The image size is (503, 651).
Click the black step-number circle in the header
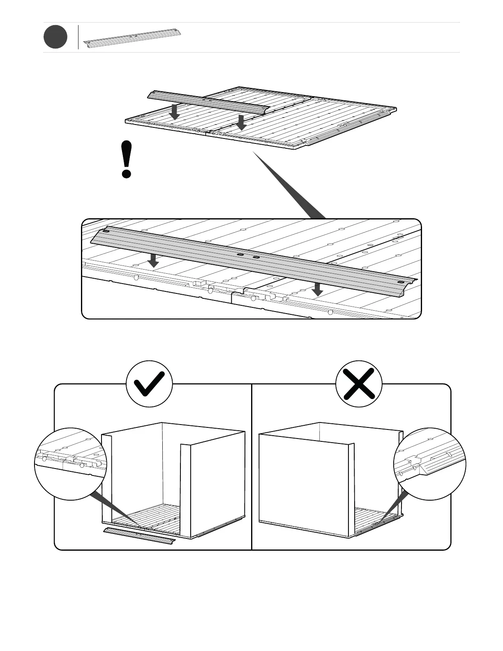coord(55,37)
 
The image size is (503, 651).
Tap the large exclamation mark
coord(127,159)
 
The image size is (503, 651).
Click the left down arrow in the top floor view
coord(175,111)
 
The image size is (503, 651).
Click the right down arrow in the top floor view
coord(242,122)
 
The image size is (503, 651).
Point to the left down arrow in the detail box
coord(154,260)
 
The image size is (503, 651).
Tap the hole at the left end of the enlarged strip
coord(106,231)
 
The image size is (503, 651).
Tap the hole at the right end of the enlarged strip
coord(401,283)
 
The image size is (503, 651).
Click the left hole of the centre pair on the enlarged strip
coord(240,255)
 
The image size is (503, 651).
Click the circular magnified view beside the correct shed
coord(70,464)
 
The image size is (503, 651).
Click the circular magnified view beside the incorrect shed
coord(430,464)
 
